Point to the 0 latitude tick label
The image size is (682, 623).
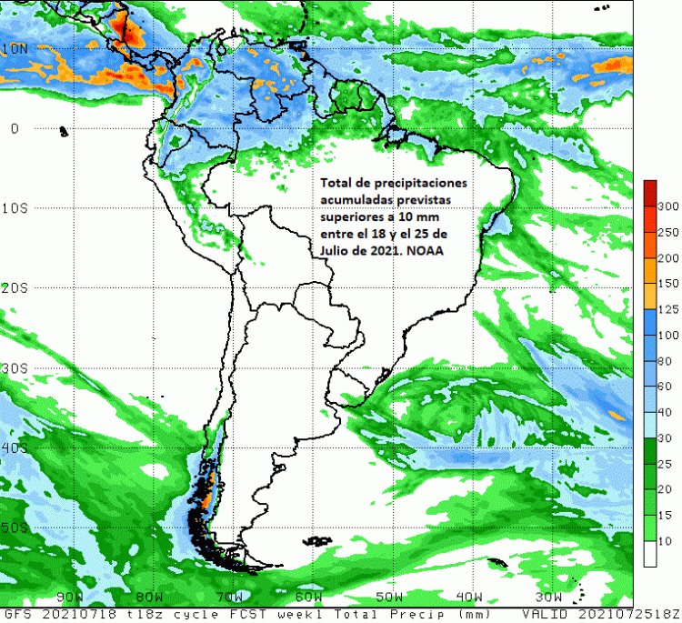[x=15, y=128]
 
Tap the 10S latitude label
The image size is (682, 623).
[x=15, y=208]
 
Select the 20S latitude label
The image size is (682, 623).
[x=15, y=288]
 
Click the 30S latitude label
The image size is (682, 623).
[x=15, y=368]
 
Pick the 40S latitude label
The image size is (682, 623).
[x=15, y=448]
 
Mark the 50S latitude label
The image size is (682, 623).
[x=15, y=528]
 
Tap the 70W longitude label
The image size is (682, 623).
[x=229, y=597]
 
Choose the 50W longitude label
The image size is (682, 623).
[x=389, y=597]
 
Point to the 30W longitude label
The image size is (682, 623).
[x=549, y=597]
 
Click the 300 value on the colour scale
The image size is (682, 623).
[x=668, y=206]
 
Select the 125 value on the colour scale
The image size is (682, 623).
[x=668, y=310]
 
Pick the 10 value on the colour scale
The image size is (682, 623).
[x=665, y=541]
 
